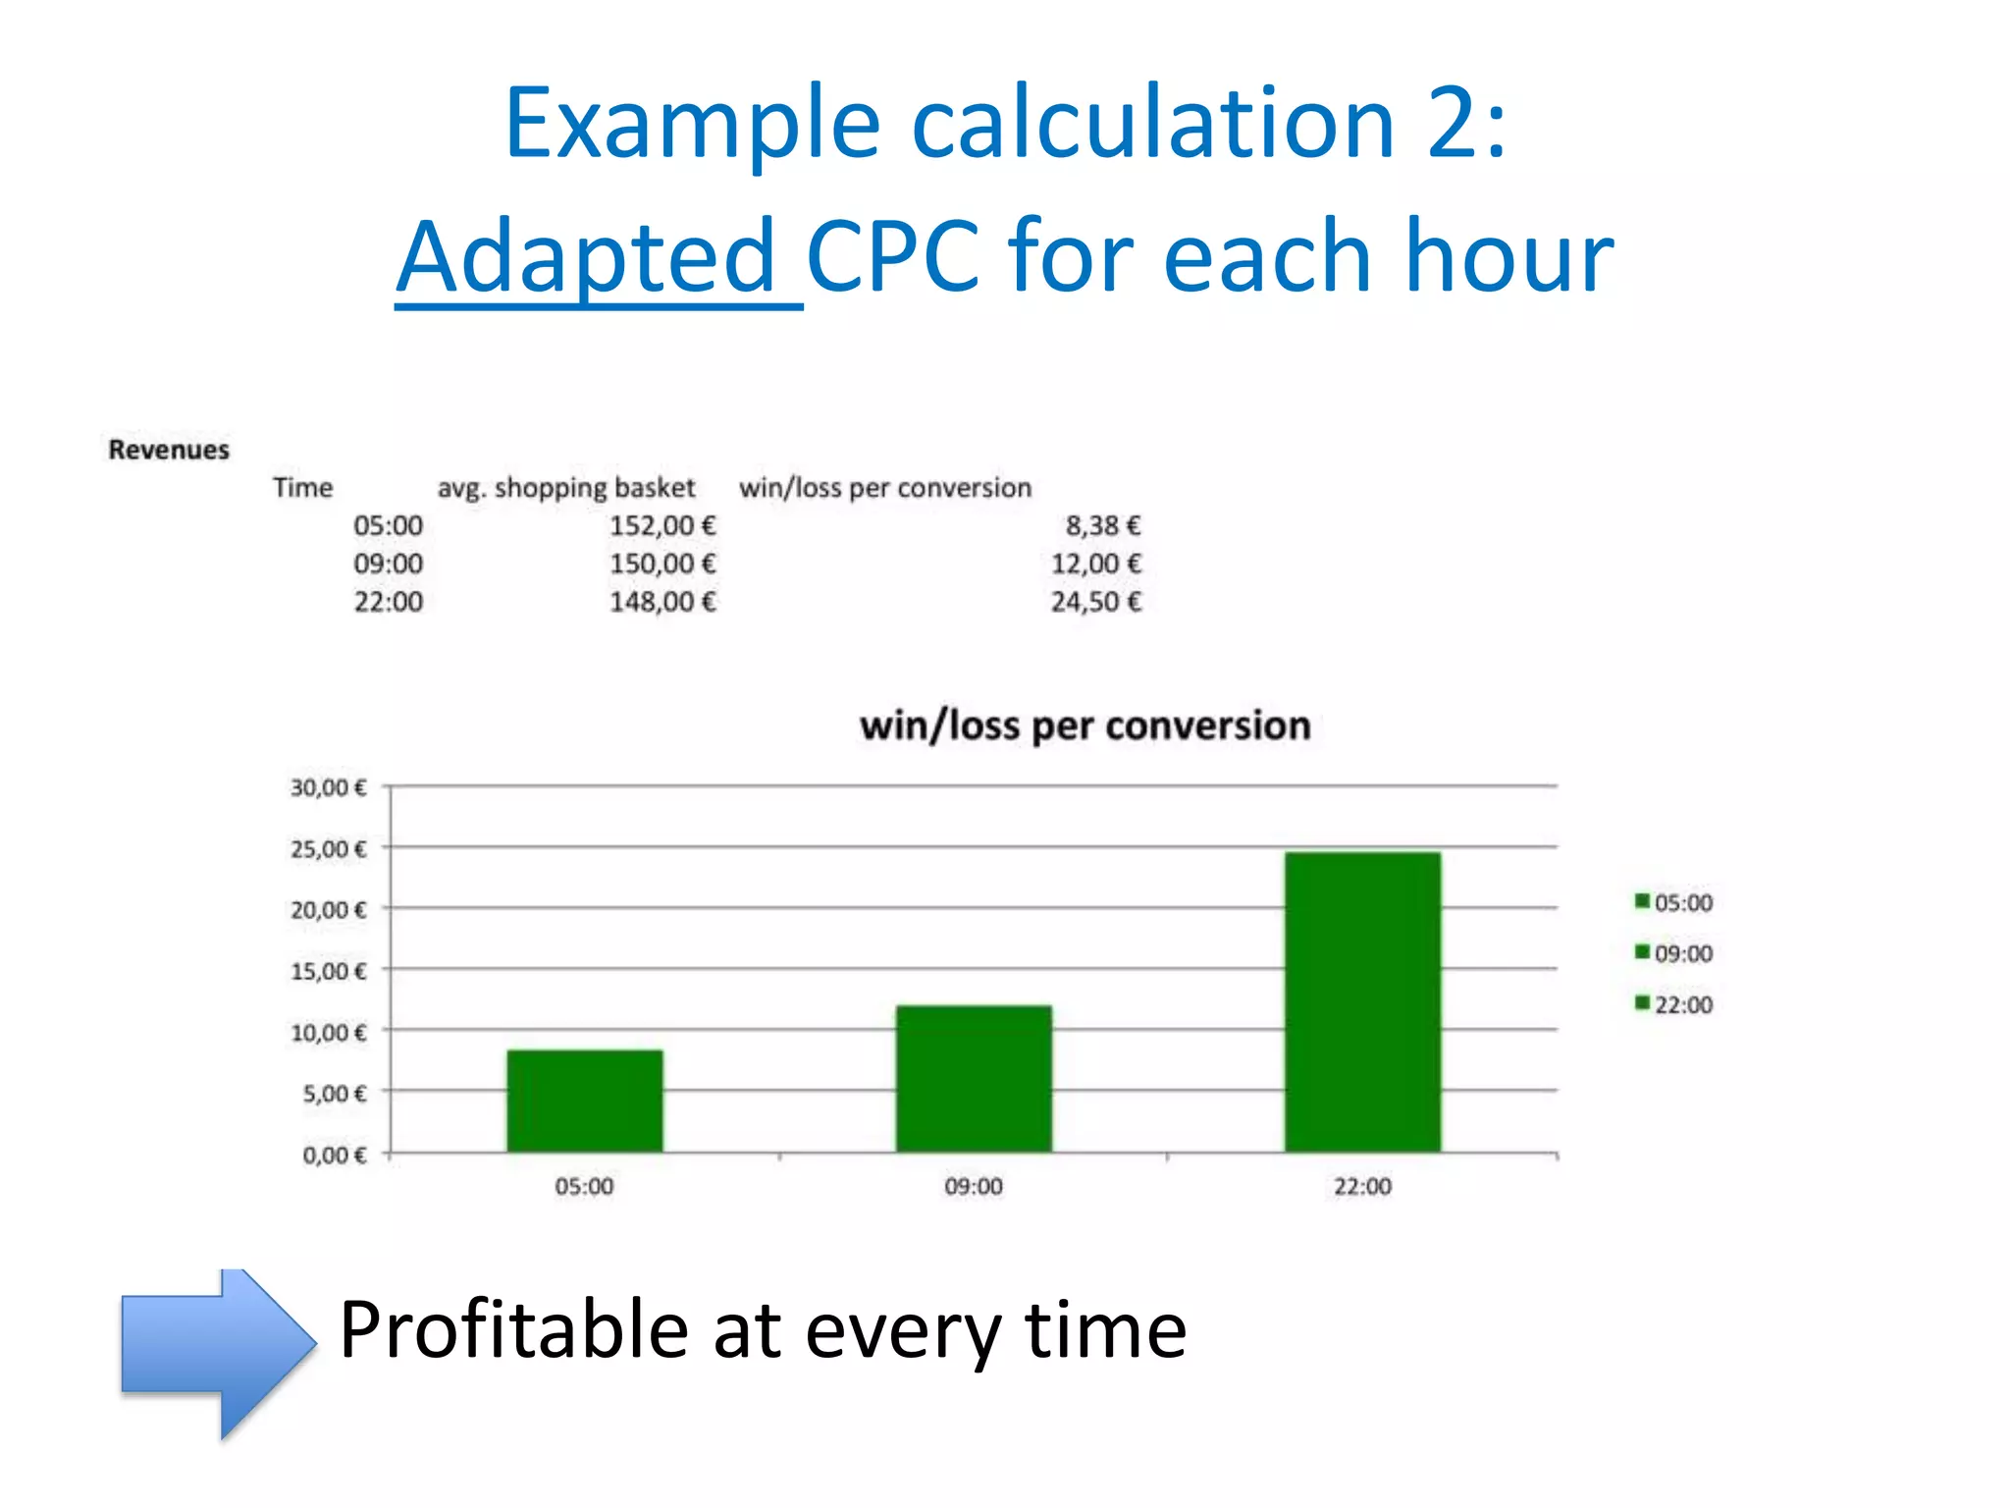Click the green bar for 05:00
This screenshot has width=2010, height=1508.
point(585,1101)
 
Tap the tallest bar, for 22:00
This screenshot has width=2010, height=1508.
point(1362,1001)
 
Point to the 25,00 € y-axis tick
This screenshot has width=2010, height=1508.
point(328,848)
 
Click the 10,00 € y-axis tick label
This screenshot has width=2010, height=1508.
point(328,1032)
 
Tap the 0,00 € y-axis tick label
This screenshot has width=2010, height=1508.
point(334,1155)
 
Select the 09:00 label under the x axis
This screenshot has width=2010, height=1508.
point(974,1186)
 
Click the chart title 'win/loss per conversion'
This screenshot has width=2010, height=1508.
point(1084,726)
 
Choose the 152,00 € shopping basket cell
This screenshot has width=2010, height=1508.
point(662,525)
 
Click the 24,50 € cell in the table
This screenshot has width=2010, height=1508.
point(1096,602)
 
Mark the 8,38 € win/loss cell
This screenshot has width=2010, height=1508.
point(1103,525)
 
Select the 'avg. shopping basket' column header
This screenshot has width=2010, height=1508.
point(565,488)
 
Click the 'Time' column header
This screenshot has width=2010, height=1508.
point(302,488)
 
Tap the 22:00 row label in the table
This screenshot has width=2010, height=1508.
point(388,602)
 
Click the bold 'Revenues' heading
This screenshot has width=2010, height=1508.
point(169,450)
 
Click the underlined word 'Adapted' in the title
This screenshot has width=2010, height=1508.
point(587,256)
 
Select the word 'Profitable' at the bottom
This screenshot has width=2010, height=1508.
point(513,1329)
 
